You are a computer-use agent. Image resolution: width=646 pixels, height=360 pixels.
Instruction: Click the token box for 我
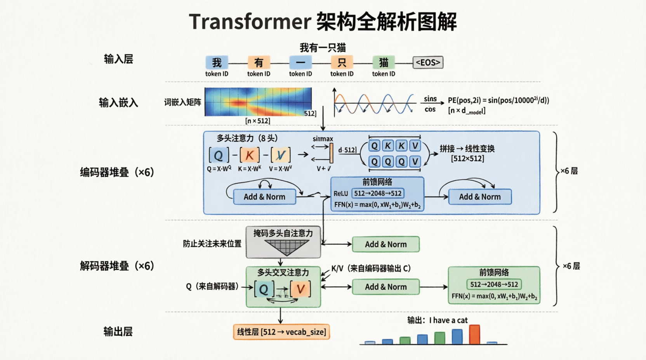[x=217, y=62]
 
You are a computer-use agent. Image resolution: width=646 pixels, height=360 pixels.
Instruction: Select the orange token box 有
[x=259, y=62]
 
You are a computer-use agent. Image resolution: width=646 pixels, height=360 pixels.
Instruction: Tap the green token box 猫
[x=384, y=62]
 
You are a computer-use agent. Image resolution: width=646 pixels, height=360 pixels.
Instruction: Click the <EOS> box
[x=428, y=62]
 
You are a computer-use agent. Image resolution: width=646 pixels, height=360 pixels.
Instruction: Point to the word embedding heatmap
[x=258, y=102]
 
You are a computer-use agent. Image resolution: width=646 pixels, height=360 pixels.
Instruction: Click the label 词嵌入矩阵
[x=182, y=102]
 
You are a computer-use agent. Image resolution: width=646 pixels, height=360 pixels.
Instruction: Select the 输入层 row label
[x=118, y=59]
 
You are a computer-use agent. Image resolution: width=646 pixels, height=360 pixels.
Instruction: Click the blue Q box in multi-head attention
[x=219, y=155]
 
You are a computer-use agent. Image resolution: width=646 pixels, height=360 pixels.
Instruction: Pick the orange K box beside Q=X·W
[x=250, y=155]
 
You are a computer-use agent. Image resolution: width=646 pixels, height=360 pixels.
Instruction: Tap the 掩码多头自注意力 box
[x=283, y=242]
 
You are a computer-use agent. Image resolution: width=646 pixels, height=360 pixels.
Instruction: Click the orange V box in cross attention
[x=300, y=289]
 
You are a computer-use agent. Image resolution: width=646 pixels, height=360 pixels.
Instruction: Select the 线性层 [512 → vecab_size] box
[x=281, y=332]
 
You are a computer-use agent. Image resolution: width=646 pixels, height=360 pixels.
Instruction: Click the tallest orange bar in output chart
[x=474, y=334]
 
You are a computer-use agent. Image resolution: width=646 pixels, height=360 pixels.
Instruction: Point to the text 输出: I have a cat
[x=437, y=320]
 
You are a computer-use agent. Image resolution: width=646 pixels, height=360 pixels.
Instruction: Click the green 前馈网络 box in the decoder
[x=494, y=285]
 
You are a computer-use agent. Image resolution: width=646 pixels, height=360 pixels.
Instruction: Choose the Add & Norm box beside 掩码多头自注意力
[x=386, y=244]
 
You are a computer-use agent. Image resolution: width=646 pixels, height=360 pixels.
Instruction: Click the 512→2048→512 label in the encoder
[x=378, y=193]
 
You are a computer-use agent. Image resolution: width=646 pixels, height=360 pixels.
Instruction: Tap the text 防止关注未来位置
[x=212, y=244]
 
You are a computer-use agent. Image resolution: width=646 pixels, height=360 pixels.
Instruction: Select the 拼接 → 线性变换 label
[x=467, y=149]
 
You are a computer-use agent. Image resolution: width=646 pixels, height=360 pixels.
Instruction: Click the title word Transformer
[x=250, y=22]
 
